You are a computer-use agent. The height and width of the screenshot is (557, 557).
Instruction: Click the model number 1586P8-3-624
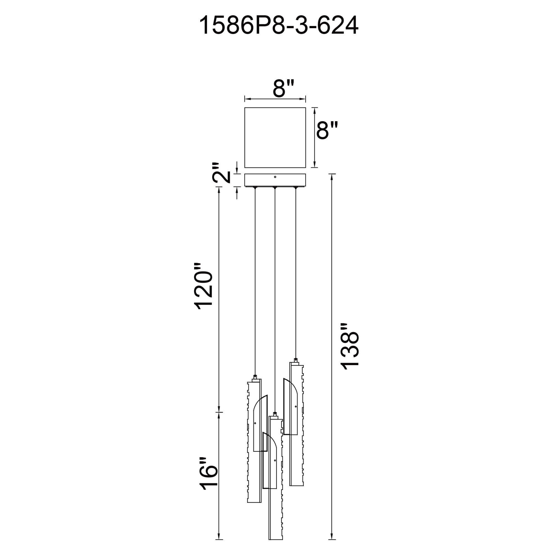pyautogui.click(x=278, y=26)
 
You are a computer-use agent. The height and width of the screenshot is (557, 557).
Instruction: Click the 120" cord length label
pyautogui.click(x=204, y=286)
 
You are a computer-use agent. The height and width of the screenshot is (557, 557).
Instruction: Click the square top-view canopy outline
pyautogui.click(x=275, y=108)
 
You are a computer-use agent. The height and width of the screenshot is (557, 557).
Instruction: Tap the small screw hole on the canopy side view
pyautogui.click(x=275, y=177)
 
